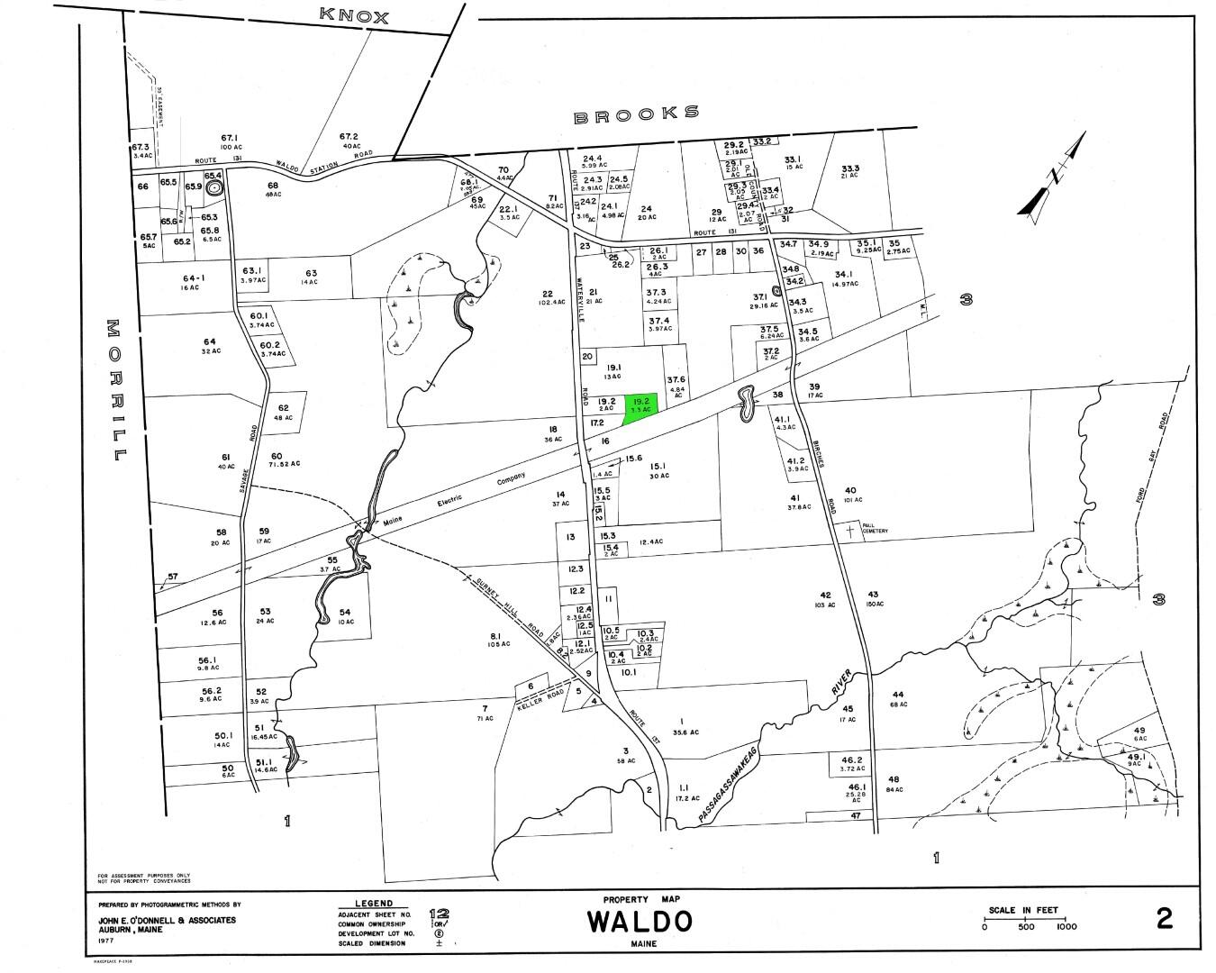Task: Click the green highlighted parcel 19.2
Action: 641,404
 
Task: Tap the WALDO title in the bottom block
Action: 640,922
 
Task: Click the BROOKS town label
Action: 636,114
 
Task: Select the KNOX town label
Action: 356,16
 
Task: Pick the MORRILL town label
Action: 116,390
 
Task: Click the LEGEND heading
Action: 374,903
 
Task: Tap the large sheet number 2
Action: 1164,919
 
